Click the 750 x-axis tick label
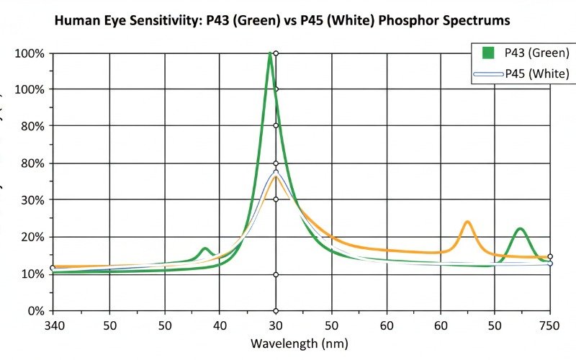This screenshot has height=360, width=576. (550, 325)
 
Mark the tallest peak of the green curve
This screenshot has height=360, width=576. (270, 54)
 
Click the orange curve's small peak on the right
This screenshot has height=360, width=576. (467, 222)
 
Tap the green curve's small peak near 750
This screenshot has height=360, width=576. (520, 229)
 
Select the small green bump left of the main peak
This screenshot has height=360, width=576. (205, 249)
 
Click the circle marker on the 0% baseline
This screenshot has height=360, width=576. (275, 311)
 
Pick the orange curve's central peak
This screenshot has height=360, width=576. (275, 176)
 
